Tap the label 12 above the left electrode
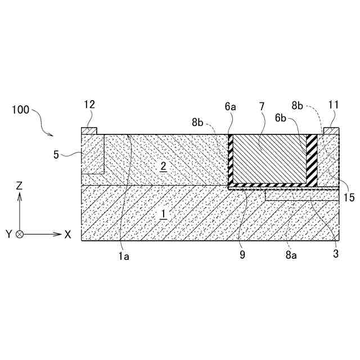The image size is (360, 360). click(x=89, y=105)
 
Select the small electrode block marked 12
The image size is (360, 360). click(x=89, y=131)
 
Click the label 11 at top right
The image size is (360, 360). click(x=333, y=105)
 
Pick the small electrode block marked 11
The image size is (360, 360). click(x=331, y=131)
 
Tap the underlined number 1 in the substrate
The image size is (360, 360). click(x=164, y=214)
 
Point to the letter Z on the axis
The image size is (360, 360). click(x=19, y=186)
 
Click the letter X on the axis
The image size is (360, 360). click(x=67, y=234)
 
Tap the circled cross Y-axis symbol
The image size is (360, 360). click(x=20, y=234)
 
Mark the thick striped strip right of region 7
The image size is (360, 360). click(x=311, y=159)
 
